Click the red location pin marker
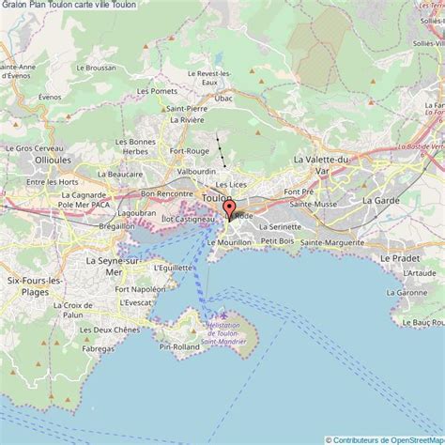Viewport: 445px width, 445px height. (x=229, y=207)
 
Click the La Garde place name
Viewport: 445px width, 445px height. (x=381, y=200)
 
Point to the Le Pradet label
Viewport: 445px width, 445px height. (x=399, y=256)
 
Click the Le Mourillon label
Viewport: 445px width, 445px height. (x=228, y=242)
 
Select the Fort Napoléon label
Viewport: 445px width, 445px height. (x=140, y=289)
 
